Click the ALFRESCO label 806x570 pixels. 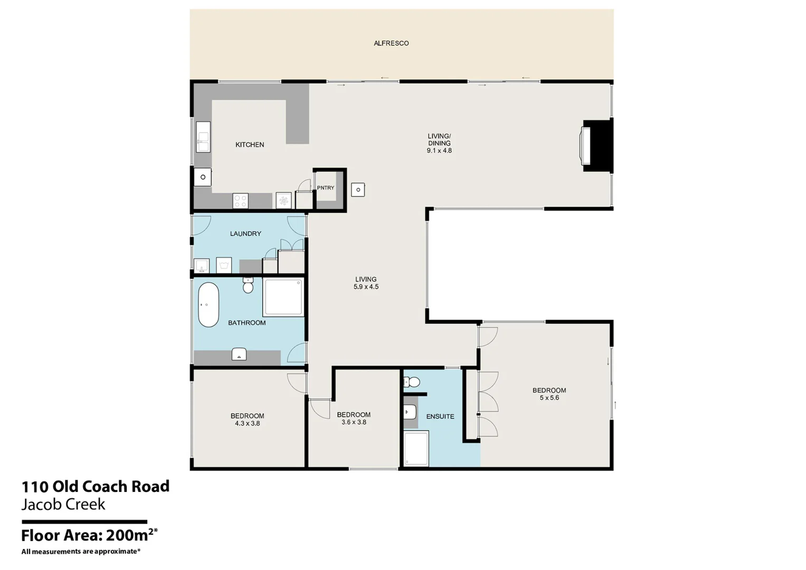[x=391, y=43]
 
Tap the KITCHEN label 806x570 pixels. [x=250, y=145]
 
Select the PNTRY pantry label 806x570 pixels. [x=325, y=188]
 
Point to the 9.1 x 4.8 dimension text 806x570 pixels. [x=439, y=151]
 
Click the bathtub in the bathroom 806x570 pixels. [x=208, y=305]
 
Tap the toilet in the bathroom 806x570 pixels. [x=248, y=286]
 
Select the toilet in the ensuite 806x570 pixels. [x=413, y=382]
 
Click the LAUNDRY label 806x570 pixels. [x=245, y=234]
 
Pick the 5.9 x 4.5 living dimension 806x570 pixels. [x=366, y=287]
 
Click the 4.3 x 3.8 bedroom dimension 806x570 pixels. [x=247, y=423]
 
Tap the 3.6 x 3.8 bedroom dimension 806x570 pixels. [x=354, y=422]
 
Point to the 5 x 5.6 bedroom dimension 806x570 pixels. [x=549, y=398]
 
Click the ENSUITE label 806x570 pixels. [x=440, y=416]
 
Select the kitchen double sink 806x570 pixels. [x=203, y=137]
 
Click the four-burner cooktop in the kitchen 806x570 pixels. [x=241, y=201]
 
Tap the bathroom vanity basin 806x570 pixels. [x=239, y=355]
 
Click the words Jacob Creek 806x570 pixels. [x=63, y=505]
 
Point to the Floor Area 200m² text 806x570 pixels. [x=89, y=535]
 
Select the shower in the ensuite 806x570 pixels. [x=416, y=449]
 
